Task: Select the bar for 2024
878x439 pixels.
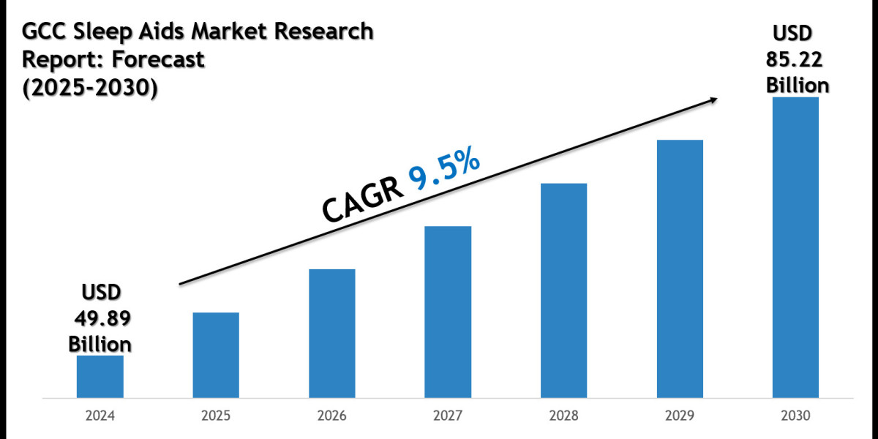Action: point(100,377)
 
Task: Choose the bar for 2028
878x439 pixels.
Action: point(563,290)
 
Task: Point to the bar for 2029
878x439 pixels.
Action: point(680,269)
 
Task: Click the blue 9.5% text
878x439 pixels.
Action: point(444,171)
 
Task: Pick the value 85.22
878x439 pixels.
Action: point(797,60)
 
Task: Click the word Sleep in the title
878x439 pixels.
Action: point(98,32)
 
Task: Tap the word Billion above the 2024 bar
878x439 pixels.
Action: point(100,343)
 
